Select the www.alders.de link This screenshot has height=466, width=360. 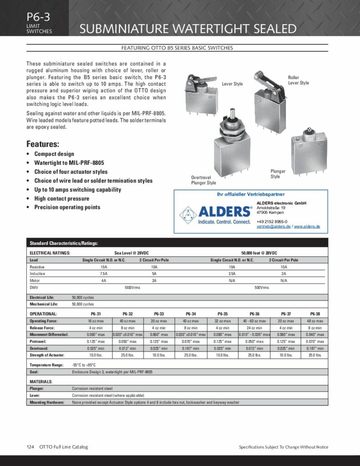click(307, 226)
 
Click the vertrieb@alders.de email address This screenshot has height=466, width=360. click(274, 226)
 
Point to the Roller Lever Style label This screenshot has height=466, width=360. click(299, 80)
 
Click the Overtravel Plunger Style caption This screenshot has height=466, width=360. click(203, 180)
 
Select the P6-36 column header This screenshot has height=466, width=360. click(254, 314)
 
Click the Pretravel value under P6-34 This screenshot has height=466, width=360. click(191, 341)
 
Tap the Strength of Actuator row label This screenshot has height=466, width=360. click(47, 355)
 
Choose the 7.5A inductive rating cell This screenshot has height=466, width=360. click(104, 274)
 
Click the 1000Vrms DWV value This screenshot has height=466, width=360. click(132, 288)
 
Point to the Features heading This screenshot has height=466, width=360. click(43, 144)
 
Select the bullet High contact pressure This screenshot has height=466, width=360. click(62, 198)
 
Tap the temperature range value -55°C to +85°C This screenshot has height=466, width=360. click(84, 365)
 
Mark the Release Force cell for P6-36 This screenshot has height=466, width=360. click(254, 328)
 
